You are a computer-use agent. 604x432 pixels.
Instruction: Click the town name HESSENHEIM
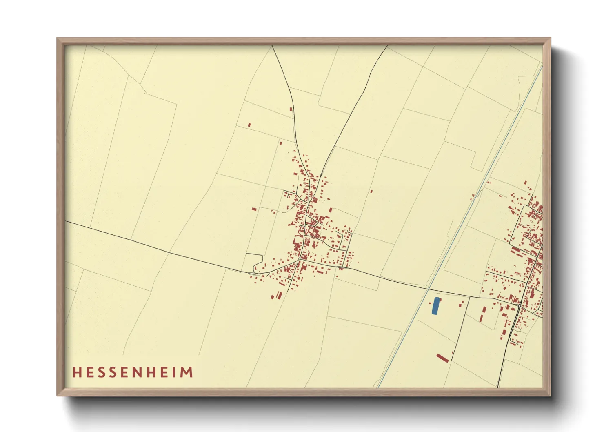[x=133, y=372]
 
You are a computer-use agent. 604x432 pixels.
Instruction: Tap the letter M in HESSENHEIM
[x=187, y=372]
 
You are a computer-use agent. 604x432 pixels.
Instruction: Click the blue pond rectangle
[x=435, y=306]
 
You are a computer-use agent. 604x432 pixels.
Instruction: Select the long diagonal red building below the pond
[x=442, y=358]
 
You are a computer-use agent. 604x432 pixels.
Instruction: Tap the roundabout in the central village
[x=300, y=259]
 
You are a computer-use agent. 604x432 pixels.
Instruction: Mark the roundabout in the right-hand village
[x=519, y=305]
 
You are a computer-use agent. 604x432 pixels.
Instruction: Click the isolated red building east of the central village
[x=371, y=191]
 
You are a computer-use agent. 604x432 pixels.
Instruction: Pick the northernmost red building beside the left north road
[x=291, y=109]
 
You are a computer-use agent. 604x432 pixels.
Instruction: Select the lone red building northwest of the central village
[x=249, y=125]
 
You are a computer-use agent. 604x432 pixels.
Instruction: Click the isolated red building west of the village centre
[x=254, y=209]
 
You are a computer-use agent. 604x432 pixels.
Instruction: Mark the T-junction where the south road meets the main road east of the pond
[x=469, y=296]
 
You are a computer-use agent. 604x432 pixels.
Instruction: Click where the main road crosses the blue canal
[x=429, y=289]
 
